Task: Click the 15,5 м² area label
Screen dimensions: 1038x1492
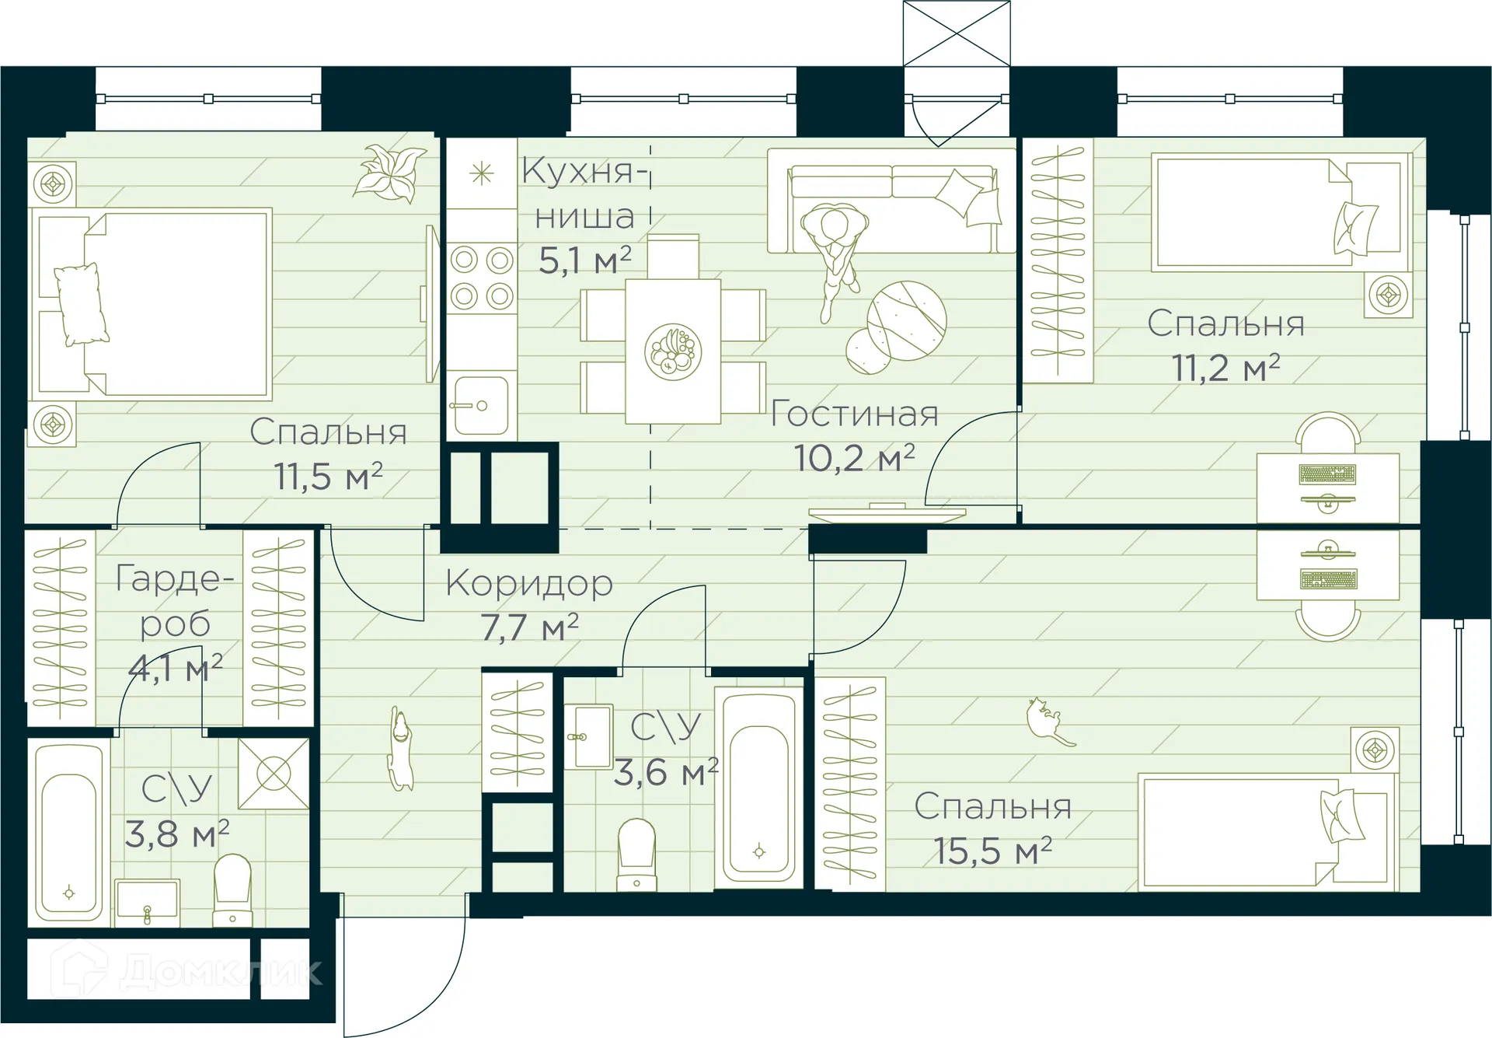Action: (992, 851)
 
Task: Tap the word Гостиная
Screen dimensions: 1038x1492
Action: (854, 414)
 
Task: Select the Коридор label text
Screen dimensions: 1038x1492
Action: (529, 583)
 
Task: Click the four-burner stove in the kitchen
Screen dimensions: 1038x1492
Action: (482, 278)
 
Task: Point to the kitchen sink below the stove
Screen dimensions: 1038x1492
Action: (480, 405)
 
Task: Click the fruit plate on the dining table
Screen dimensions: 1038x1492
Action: (673, 352)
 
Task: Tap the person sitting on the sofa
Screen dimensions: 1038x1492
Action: (835, 249)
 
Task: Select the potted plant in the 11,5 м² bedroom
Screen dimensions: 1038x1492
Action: (390, 173)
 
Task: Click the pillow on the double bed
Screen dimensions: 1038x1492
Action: (79, 303)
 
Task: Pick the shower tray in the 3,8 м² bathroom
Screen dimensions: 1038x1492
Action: (274, 774)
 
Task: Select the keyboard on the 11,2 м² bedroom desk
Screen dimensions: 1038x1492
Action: (1327, 474)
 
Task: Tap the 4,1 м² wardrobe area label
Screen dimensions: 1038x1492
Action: (176, 667)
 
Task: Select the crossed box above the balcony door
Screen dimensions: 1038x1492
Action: (957, 33)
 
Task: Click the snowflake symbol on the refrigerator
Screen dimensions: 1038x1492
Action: (482, 173)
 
